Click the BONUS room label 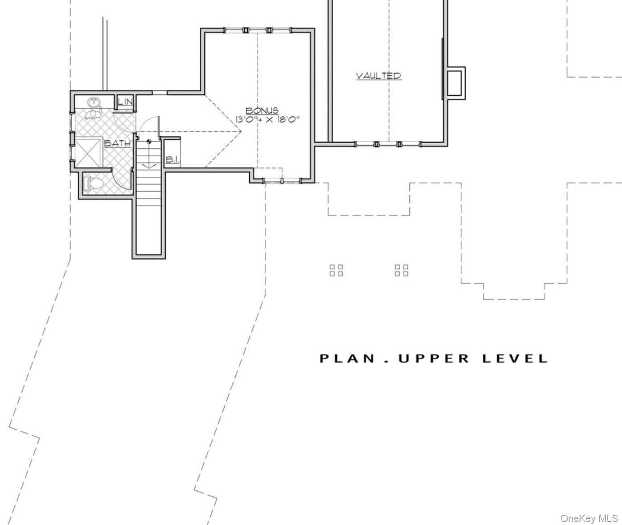pos(262,110)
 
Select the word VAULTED pos(379,76)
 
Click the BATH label pos(117,143)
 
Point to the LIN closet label pos(125,102)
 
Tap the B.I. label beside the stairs pos(172,159)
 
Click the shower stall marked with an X pos(88,153)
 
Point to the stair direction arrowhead pos(149,166)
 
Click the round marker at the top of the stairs pos(149,142)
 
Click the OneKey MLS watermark pos(589,518)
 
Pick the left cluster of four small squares pos(336,270)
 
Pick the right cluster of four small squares pos(401,270)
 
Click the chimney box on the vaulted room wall pos(455,83)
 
